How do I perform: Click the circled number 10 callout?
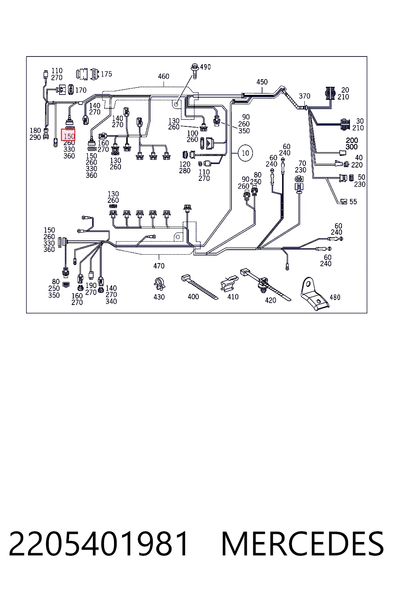[x=245, y=153]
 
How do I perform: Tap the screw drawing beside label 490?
[x=195, y=71]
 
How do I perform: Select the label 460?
[x=163, y=76]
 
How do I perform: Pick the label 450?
[x=262, y=82]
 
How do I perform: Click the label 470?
[x=159, y=266]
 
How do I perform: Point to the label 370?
[x=305, y=96]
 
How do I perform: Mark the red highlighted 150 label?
[x=68, y=135]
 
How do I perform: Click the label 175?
[x=106, y=74]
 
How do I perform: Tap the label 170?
[x=81, y=90]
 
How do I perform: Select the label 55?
[x=353, y=202]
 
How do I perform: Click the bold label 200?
[x=352, y=140]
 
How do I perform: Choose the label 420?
[x=270, y=300]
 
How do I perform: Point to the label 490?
[x=205, y=67]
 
